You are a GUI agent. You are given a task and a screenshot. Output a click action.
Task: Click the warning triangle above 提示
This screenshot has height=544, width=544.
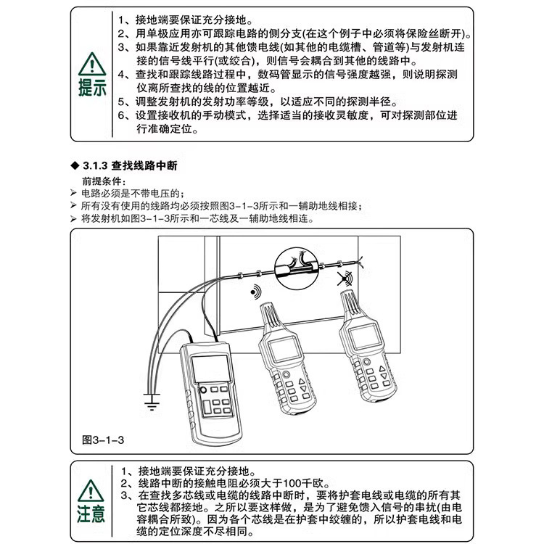[92, 64]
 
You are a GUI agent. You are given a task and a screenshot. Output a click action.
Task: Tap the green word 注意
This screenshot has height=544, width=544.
[92, 514]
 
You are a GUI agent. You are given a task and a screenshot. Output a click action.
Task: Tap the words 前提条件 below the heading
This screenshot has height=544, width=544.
[100, 180]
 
